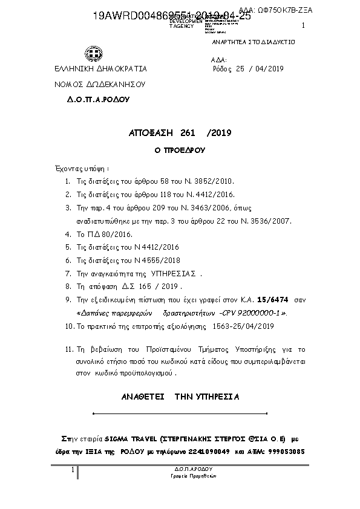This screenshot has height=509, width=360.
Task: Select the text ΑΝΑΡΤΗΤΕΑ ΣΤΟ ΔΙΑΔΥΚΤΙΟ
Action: (x=253, y=43)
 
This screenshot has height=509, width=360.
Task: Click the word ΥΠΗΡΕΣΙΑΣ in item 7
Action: (x=177, y=273)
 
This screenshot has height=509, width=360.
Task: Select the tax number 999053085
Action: (x=286, y=452)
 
